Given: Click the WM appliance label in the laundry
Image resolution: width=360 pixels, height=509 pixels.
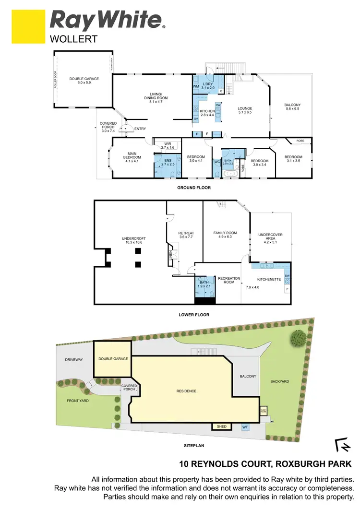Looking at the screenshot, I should pos(196,86).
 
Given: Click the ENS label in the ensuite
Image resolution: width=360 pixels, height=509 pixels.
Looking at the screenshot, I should pos(168,161).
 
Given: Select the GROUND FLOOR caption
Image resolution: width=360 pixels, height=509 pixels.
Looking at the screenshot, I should pos(193,188).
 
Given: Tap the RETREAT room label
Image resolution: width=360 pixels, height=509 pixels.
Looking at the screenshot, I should pos(185,234).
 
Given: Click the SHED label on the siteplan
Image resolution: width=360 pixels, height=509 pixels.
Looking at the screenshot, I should pos(221,426).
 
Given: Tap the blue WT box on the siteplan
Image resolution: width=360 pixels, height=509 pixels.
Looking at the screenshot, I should pos(245,426).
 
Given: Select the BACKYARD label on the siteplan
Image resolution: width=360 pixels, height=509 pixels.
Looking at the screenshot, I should pos(279,381).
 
